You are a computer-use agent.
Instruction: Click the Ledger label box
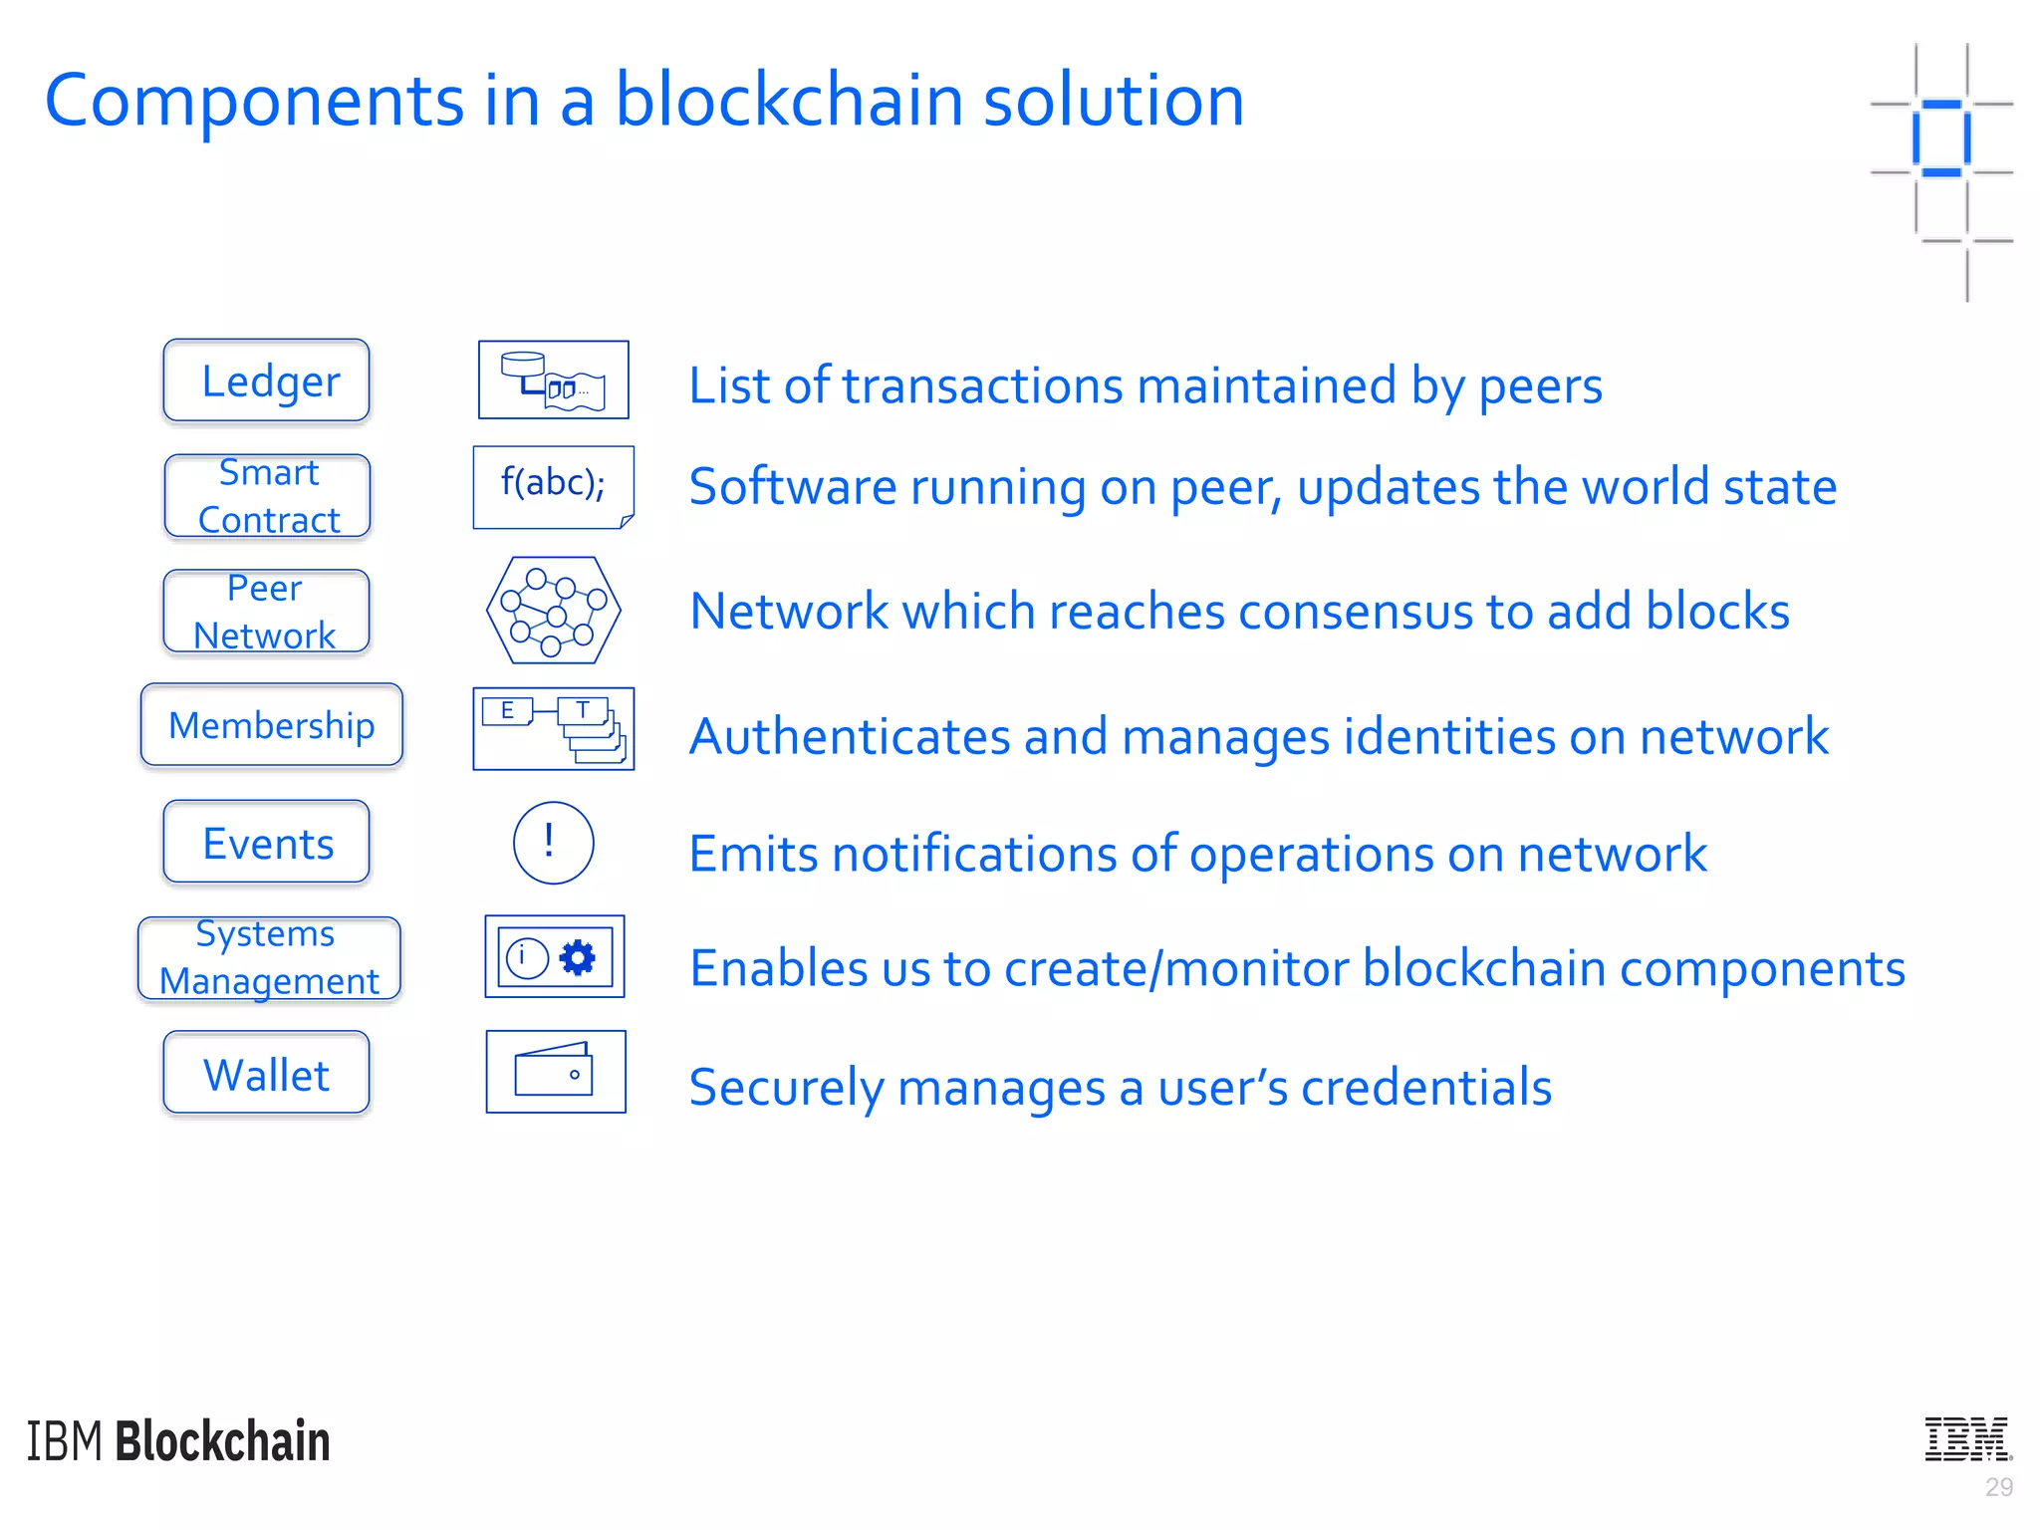pyautogui.click(x=266, y=381)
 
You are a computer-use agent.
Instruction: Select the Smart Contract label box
pyautogui.click(x=267, y=496)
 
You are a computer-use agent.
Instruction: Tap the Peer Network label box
pyautogui.click(x=266, y=612)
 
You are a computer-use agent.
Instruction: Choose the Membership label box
pyautogui.click(x=271, y=725)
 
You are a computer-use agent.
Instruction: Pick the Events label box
pyautogui.click(x=266, y=843)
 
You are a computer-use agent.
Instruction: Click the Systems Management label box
pyautogui.click(x=269, y=957)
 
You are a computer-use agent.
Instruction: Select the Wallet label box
pyautogui.click(x=266, y=1073)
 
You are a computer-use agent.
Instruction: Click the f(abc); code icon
pyautogui.click(x=553, y=486)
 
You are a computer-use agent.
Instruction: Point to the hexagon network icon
pyautogui.click(x=553, y=611)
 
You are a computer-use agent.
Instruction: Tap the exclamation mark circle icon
pyautogui.click(x=553, y=843)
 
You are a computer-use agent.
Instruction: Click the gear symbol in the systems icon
pyautogui.click(x=578, y=957)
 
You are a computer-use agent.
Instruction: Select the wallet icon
pyautogui.click(x=555, y=1072)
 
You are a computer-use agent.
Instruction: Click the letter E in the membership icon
pyautogui.click(x=507, y=711)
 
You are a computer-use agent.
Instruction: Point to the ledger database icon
pyautogui.click(x=553, y=380)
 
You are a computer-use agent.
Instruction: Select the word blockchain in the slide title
pyautogui.click(x=791, y=101)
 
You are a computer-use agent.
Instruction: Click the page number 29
pyautogui.click(x=1998, y=1487)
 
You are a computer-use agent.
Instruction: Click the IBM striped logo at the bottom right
pyautogui.click(x=1967, y=1439)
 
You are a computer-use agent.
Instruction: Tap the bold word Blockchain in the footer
pyautogui.click(x=222, y=1441)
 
